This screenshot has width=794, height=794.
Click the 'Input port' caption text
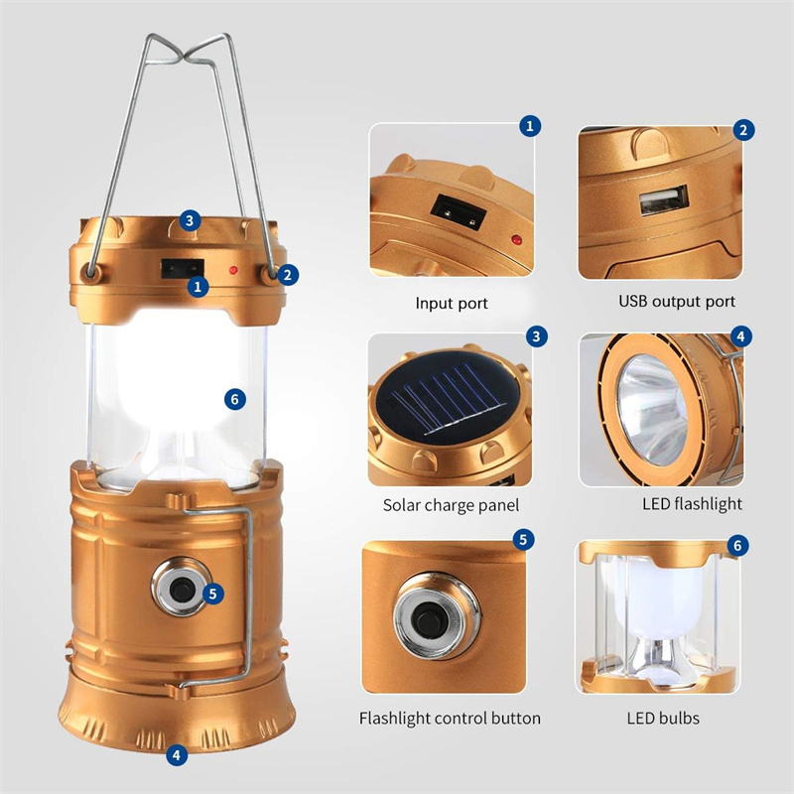click(x=452, y=303)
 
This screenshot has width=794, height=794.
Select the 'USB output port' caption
click(x=677, y=302)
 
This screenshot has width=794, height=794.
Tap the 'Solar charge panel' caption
click(x=451, y=505)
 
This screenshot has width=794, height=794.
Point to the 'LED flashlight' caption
click(x=692, y=503)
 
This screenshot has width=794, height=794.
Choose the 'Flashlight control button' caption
click(x=450, y=718)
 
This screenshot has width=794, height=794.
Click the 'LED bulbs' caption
click(x=663, y=718)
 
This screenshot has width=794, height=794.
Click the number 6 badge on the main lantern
click(x=235, y=400)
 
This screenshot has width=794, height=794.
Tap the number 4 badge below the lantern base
click(x=177, y=755)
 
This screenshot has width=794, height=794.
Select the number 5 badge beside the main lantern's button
click(x=212, y=593)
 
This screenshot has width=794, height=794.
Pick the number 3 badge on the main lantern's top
click(x=190, y=220)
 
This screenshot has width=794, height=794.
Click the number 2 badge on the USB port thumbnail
click(x=743, y=130)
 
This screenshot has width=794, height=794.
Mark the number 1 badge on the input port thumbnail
click(x=530, y=126)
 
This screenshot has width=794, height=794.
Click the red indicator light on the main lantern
click(x=233, y=270)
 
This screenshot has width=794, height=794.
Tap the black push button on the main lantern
click(x=182, y=589)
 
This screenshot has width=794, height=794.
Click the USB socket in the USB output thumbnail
click(x=664, y=199)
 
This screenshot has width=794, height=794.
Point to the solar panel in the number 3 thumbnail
click(x=449, y=398)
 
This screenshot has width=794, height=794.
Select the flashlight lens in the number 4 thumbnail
click(x=652, y=409)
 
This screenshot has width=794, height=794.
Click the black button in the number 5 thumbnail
click(x=431, y=617)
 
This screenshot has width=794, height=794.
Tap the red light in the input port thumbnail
click(x=516, y=239)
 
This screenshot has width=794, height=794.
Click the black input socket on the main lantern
click(x=183, y=268)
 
